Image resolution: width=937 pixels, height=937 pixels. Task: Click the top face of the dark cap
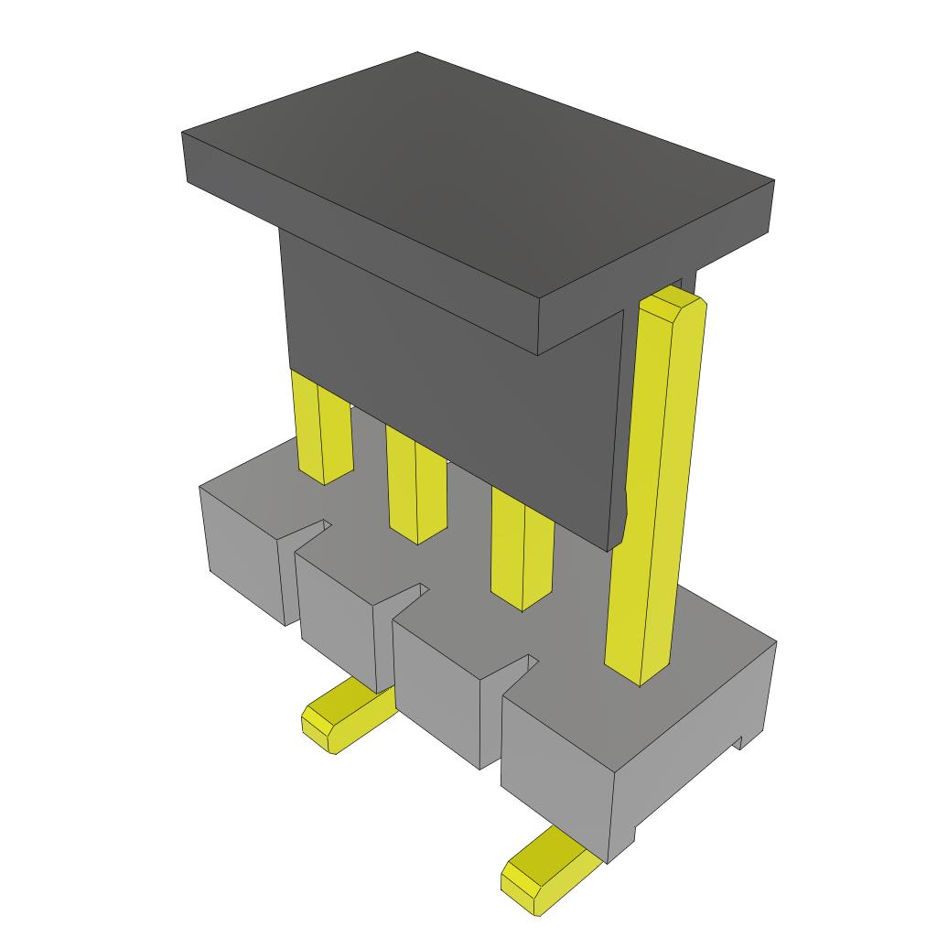(x=476, y=174)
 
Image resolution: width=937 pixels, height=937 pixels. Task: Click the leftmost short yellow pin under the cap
(x=323, y=430)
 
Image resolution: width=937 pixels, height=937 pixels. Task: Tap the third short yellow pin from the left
(x=522, y=554)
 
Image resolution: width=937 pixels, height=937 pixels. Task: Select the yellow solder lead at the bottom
(x=549, y=874)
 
